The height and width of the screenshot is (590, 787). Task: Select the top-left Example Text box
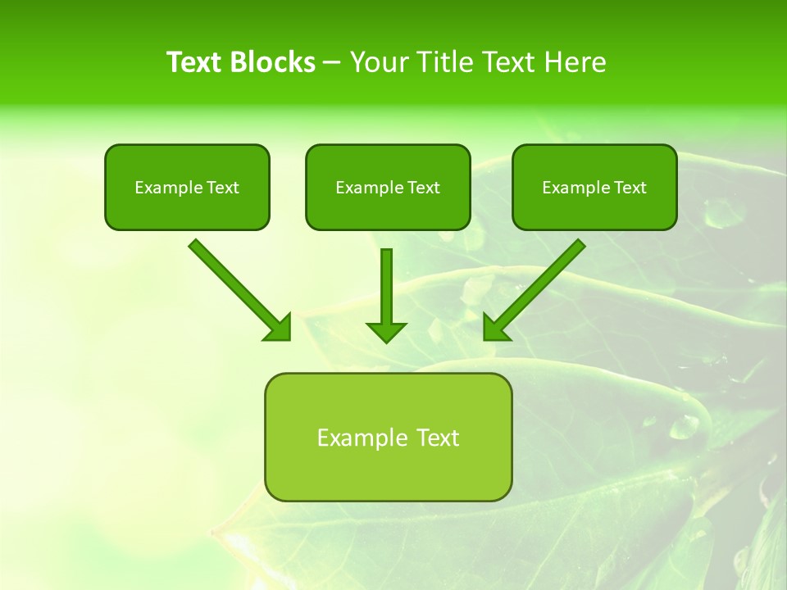click(187, 188)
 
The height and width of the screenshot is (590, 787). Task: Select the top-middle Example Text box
click(388, 188)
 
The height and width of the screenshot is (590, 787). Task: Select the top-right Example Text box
click(594, 188)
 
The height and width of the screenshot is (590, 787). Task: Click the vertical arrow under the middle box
click(386, 287)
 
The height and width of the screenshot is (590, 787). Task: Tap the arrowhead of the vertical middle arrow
click(386, 332)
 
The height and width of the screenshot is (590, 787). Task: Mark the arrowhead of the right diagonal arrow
click(494, 329)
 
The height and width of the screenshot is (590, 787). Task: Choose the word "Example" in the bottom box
click(361, 438)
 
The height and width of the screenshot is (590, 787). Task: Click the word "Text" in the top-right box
click(630, 188)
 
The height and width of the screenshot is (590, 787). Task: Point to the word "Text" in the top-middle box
click(423, 188)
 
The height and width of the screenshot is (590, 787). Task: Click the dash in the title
click(332, 63)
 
